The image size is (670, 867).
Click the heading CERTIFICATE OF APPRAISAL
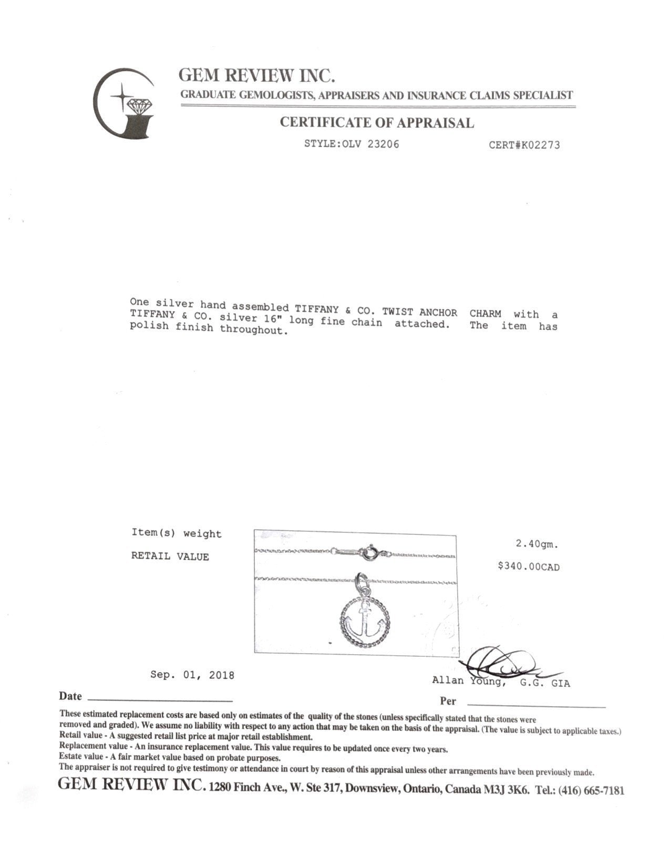click(x=376, y=123)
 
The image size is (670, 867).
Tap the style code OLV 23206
click(x=370, y=144)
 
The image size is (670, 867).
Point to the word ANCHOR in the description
click(x=438, y=312)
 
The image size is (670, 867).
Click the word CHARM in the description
click(x=485, y=314)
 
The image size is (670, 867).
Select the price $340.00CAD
click(x=529, y=567)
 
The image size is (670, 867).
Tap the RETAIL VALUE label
click(x=170, y=556)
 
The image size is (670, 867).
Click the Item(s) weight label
click(x=176, y=534)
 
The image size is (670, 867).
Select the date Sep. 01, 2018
click(x=192, y=675)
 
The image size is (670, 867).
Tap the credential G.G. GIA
click(x=545, y=684)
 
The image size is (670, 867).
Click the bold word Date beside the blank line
click(x=70, y=697)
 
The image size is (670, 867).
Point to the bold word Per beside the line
click(x=448, y=701)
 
